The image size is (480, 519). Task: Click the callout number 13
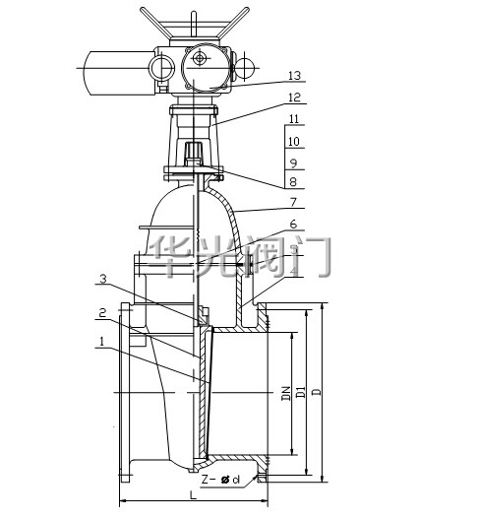click(294, 76)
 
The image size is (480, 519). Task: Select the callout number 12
click(294, 97)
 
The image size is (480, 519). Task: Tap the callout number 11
click(293, 119)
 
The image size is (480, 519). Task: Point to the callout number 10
click(294, 142)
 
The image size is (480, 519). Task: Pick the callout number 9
click(293, 162)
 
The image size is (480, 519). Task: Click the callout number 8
click(293, 182)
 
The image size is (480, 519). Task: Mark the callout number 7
click(293, 202)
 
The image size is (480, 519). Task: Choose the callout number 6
click(293, 225)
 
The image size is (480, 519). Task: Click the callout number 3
click(103, 279)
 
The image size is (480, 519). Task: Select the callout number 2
click(103, 313)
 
